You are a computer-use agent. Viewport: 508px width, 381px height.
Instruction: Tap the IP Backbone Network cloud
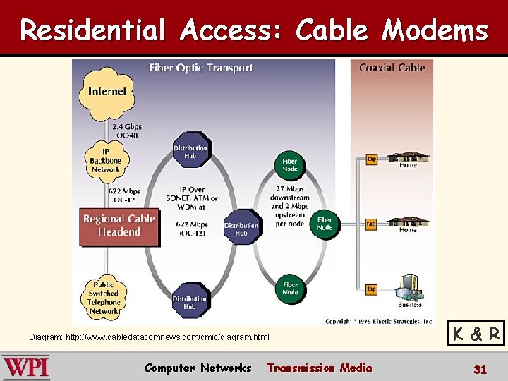pyautogui.click(x=105, y=160)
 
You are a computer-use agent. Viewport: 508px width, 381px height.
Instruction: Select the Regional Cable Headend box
pyautogui.click(x=119, y=226)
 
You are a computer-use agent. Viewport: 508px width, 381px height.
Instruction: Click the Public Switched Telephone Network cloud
pyautogui.click(x=104, y=298)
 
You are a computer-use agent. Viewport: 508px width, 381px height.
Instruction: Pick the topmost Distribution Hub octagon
pyautogui.click(x=190, y=152)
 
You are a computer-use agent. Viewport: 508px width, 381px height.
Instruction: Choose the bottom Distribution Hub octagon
pyautogui.click(x=190, y=302)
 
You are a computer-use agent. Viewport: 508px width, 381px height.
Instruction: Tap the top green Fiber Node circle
pyautogui.click(x=290, y=165)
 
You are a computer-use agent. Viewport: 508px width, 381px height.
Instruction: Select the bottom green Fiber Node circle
pyautogui.click(x=290, y=288)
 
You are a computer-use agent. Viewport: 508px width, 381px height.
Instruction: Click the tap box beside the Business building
pyautogui.click(x=371, y=289)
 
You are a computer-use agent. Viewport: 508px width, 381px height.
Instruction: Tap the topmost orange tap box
pyautogui.click(x=371, y=159)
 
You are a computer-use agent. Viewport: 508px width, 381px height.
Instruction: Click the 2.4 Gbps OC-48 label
pyautogui.click(x=128, y=131)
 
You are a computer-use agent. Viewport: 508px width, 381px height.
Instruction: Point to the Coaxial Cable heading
pyautogui.click(x=392, y=68)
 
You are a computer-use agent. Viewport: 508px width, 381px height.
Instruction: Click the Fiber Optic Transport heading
pyautogui.click(x=200, y=68)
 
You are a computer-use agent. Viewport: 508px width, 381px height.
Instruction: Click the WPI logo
pyautogui.click(x=26, y=368)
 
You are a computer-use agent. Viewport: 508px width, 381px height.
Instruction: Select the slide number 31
pyautogui.click(x=480, y=369)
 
